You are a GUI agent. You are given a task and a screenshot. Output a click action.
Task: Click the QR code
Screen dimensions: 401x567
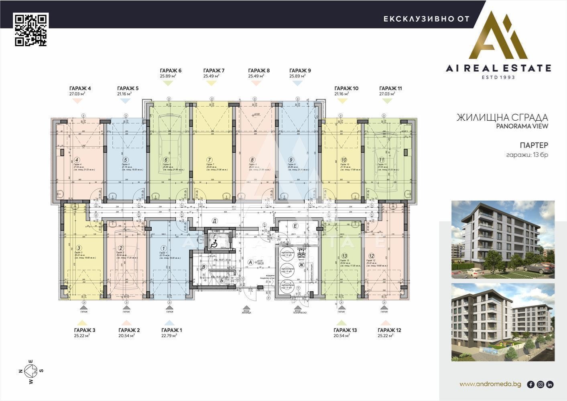click(30, 30)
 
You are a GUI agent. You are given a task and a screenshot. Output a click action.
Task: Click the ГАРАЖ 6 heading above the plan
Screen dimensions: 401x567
click(171, 71)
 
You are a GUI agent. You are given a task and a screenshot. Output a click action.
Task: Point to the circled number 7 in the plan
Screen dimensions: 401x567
click(209, 160)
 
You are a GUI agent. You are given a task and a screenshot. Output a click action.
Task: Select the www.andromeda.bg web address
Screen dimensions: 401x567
click(490, 384)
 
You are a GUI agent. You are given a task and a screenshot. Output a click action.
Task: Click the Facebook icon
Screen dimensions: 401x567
click(530, 385)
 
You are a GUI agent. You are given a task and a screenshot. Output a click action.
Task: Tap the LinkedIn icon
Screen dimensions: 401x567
click(550, 385)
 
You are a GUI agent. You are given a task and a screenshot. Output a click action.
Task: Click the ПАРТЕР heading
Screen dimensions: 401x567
click(534, 145)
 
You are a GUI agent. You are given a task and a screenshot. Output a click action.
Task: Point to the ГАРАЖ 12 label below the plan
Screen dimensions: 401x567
click(389, 330)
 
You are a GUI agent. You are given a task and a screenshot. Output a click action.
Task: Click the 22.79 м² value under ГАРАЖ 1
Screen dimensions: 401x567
click(169, 336)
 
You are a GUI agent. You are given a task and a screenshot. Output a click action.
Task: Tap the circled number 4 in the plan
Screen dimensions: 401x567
click(76, 160)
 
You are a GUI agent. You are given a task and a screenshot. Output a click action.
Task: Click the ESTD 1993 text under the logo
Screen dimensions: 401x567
click(498, 77)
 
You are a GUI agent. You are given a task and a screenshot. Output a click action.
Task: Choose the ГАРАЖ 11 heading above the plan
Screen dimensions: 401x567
click(390, 88)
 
